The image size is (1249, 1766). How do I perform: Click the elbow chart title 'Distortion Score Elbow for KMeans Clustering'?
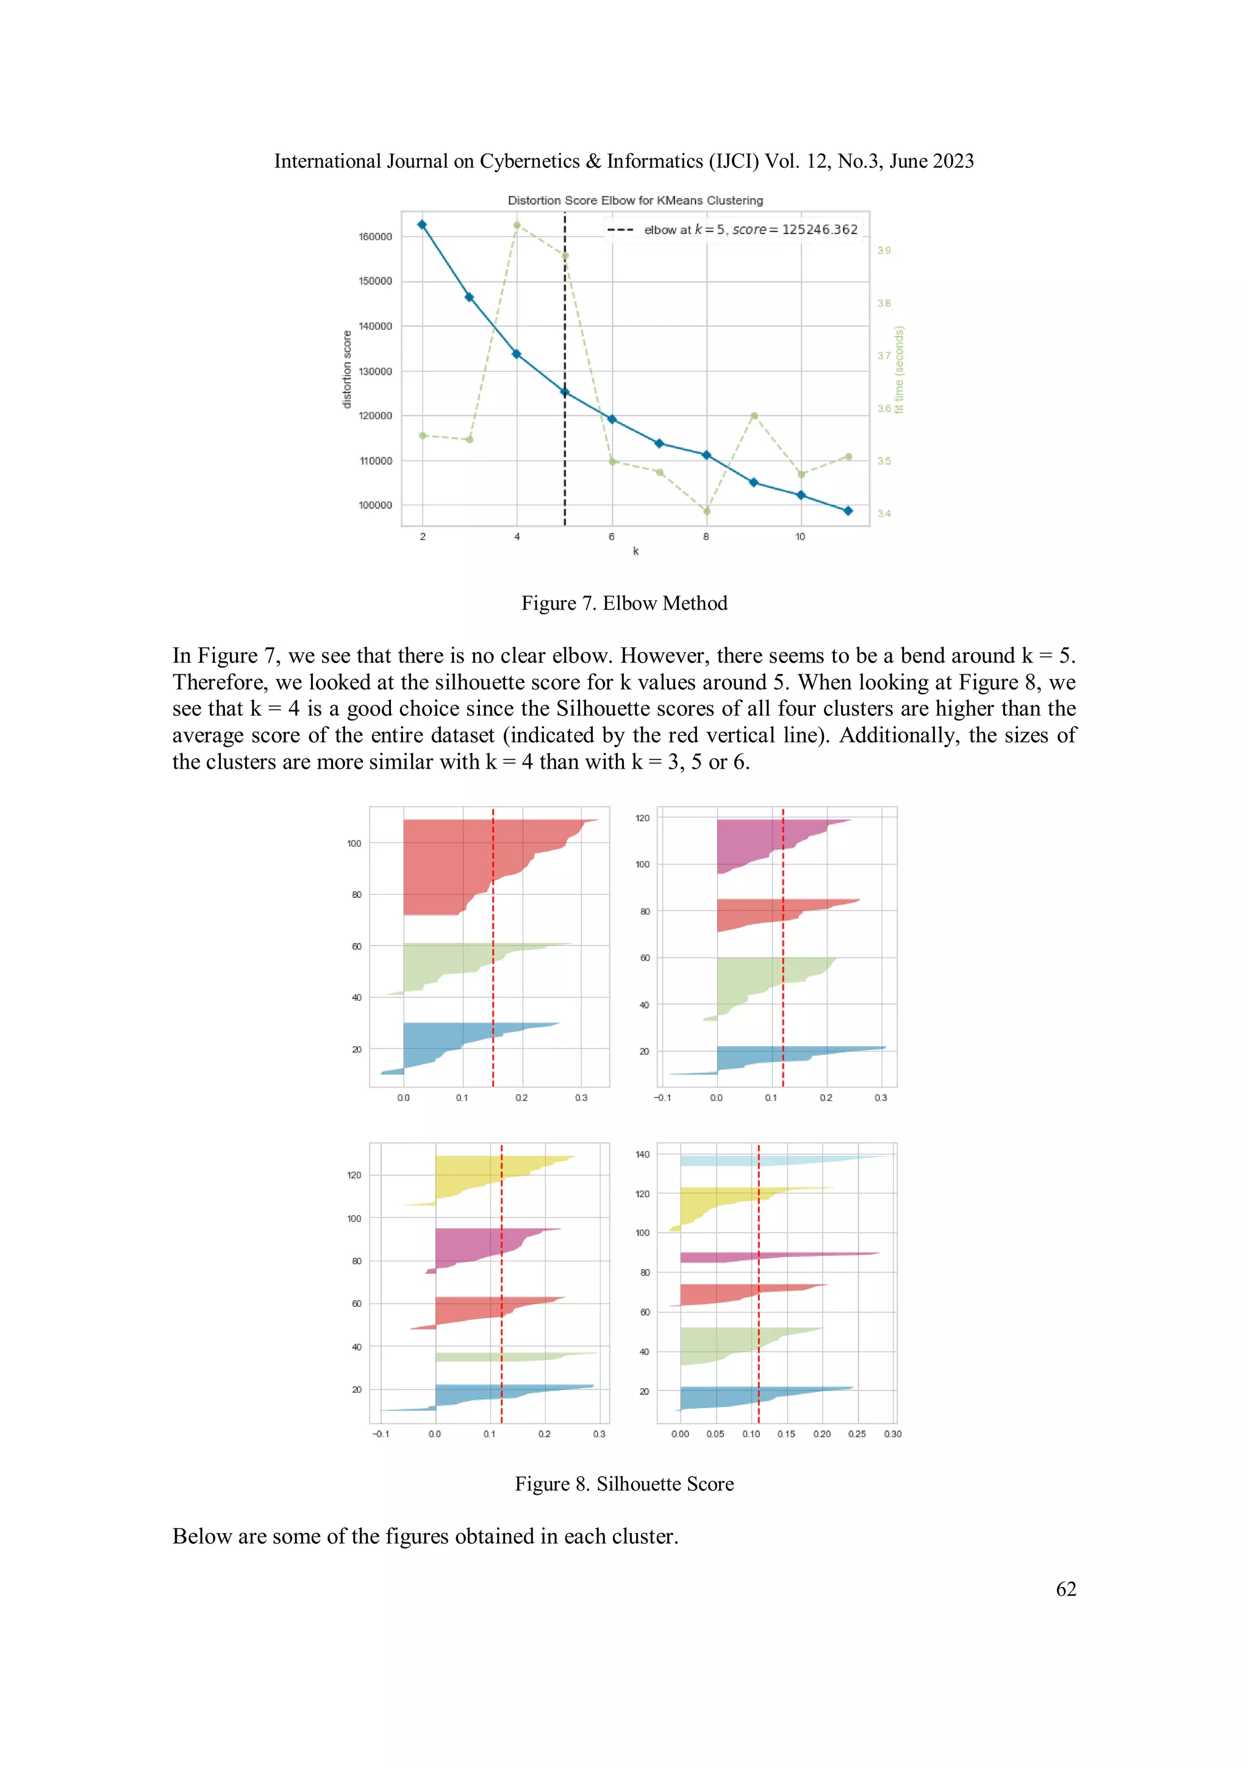635,200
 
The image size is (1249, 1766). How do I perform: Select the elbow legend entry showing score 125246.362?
750,229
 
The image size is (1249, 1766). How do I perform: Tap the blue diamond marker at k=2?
421,224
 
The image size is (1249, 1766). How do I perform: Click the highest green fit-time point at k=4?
517,226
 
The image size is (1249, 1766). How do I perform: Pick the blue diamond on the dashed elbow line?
564,392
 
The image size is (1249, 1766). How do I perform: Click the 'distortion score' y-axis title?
347,369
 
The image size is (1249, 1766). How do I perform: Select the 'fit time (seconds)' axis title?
899,369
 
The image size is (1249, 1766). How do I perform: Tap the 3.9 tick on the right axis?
884,251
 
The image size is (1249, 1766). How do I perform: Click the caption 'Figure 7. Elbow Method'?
624,603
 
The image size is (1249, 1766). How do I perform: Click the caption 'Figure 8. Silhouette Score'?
624,1484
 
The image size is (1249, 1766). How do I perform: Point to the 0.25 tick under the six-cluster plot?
856,1434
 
